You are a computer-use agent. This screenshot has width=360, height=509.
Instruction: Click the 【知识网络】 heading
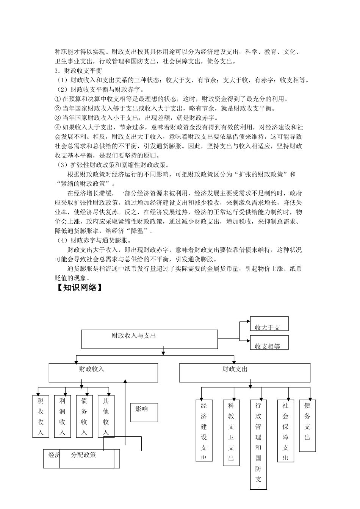pyautogui.click(x=79, y=288)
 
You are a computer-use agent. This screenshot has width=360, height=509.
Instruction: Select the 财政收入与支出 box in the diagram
pyautogui.click(x=150, y=339)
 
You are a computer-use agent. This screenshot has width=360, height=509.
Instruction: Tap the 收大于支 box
pyautogui.click(x=269, y=324)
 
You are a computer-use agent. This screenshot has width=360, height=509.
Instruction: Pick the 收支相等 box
pyautogui.click(x=269, y=343)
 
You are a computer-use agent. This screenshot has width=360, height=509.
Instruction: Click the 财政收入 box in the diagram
pyautogui.click(x=103, y=373)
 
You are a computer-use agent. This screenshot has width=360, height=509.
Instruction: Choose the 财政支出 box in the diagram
pyautogui.click(x=244, y=373)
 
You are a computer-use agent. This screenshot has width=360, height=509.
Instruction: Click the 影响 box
pyautogui.click(x=144, y=412)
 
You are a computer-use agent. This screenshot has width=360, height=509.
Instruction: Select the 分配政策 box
pyautogui.click(x=87, y=459)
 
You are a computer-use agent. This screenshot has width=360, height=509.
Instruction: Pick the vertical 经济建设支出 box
pyautogui.click(x=204, y=430)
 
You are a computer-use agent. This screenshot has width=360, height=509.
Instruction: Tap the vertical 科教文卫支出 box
pyautogui.click(x=231, y=432)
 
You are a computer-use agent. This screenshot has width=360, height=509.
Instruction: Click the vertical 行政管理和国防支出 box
pyautogui.click(x=258, y=444)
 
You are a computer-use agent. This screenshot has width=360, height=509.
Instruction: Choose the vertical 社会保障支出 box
pyautogui.click(x=286, y=431)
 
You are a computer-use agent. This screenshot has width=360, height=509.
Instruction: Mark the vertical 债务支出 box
pyautogui.click(x=307, y=426)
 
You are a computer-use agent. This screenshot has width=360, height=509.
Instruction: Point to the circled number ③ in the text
pyautogui.click(x=58, y=118)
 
